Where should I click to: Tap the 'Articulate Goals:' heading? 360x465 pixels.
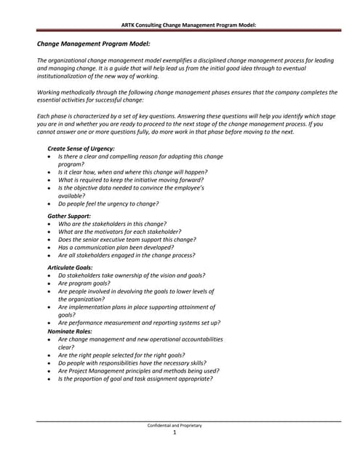(x=71, y=267)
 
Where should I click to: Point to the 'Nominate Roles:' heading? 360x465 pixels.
(x=70, y=331)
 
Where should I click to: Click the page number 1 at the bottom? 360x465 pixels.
(x=175, y=433)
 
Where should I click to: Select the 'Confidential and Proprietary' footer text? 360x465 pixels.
(x=175, y=425)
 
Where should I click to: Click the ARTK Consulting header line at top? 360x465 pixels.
(x=180, y=25)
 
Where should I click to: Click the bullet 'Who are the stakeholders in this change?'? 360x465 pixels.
(x=112, y=224)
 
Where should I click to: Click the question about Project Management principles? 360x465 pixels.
(x=137, y=371)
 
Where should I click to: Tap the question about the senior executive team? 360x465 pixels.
(x=127, y=239)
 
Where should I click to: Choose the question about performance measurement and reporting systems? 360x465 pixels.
(x=139, y=323)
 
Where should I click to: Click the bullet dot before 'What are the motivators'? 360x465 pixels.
(x=48, y=232)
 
